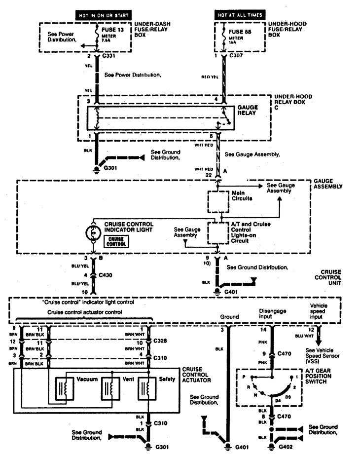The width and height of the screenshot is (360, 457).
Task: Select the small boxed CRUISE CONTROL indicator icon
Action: tap(115, 241)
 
